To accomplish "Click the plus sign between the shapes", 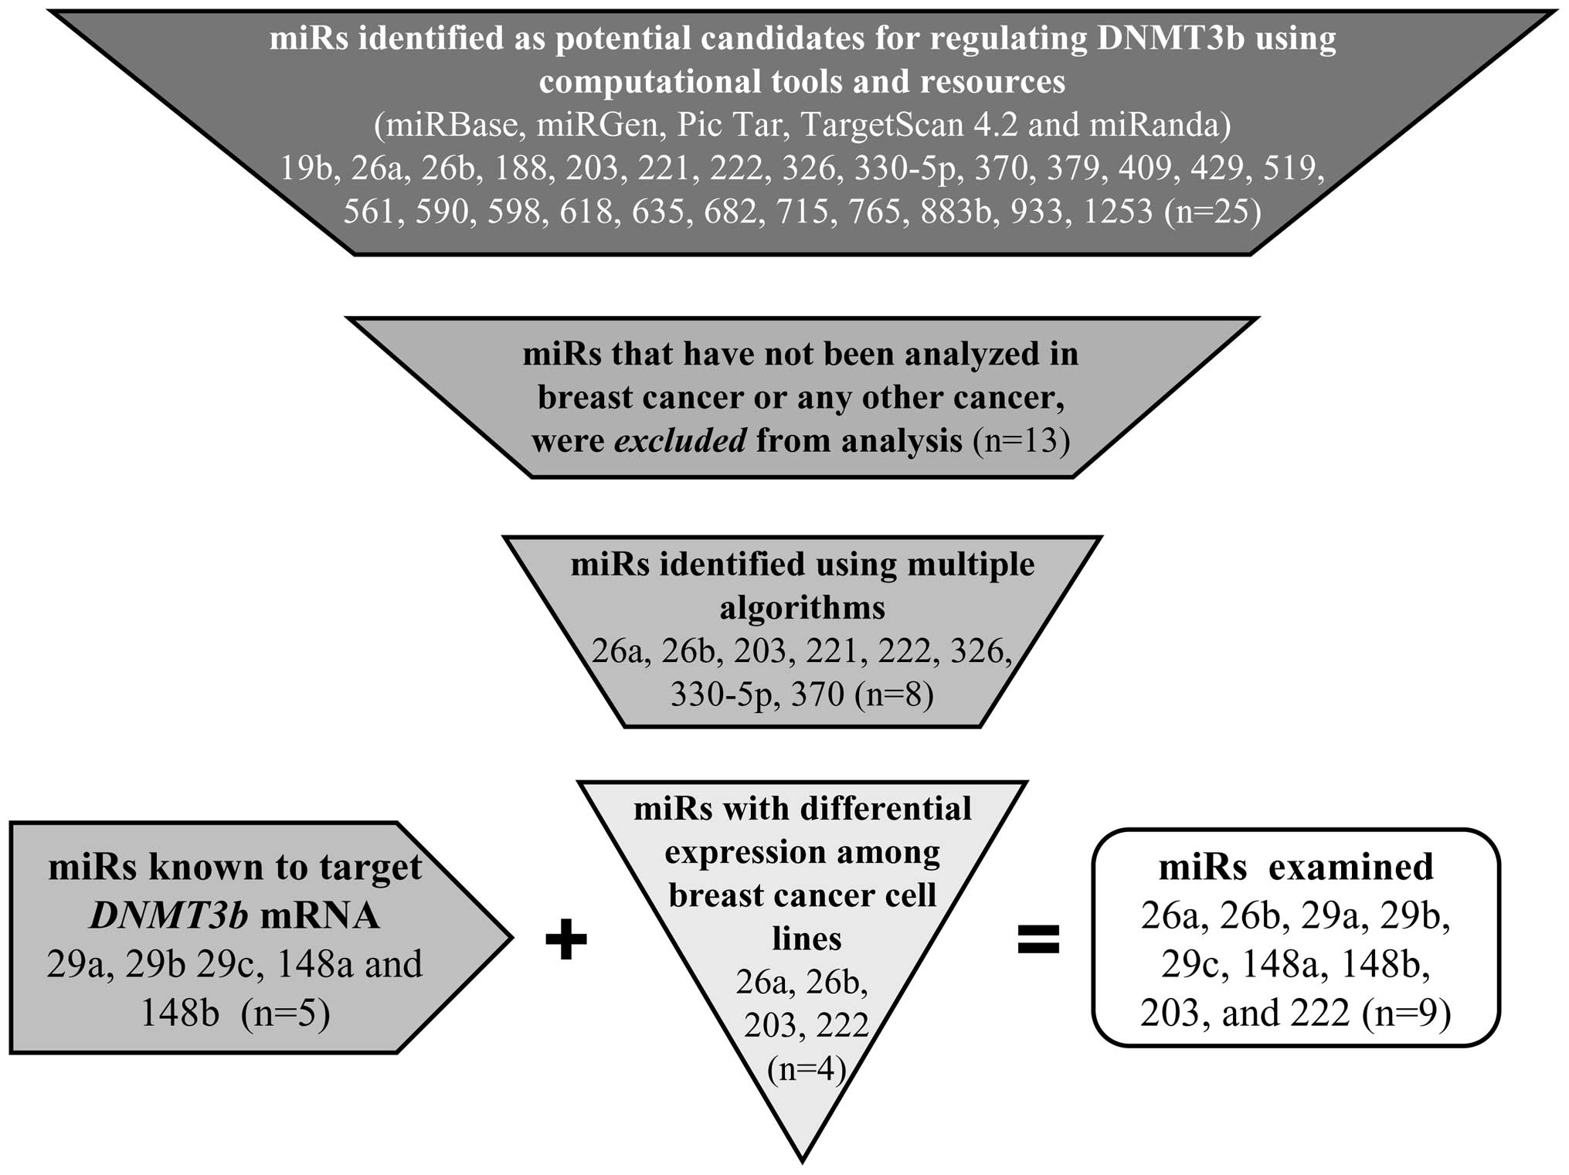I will (x=566, y=940).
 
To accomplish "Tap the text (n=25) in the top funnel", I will (x=1212, y=212).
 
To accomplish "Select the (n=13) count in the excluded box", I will (x=1021, y=441).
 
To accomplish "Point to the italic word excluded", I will (x=680, y=441).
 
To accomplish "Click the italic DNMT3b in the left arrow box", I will (x=169, y=916).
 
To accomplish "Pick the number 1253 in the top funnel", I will (x=1118, y=212).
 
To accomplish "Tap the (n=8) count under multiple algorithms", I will (x=894, y=694).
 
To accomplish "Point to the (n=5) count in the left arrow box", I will (x=285, y=1013).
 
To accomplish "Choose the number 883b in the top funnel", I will (x=955, y=212).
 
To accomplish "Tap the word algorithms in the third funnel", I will (x=802, y=608).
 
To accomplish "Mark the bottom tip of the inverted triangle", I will (x=803, y=1159).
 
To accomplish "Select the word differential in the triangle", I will (x=886, y=810).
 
